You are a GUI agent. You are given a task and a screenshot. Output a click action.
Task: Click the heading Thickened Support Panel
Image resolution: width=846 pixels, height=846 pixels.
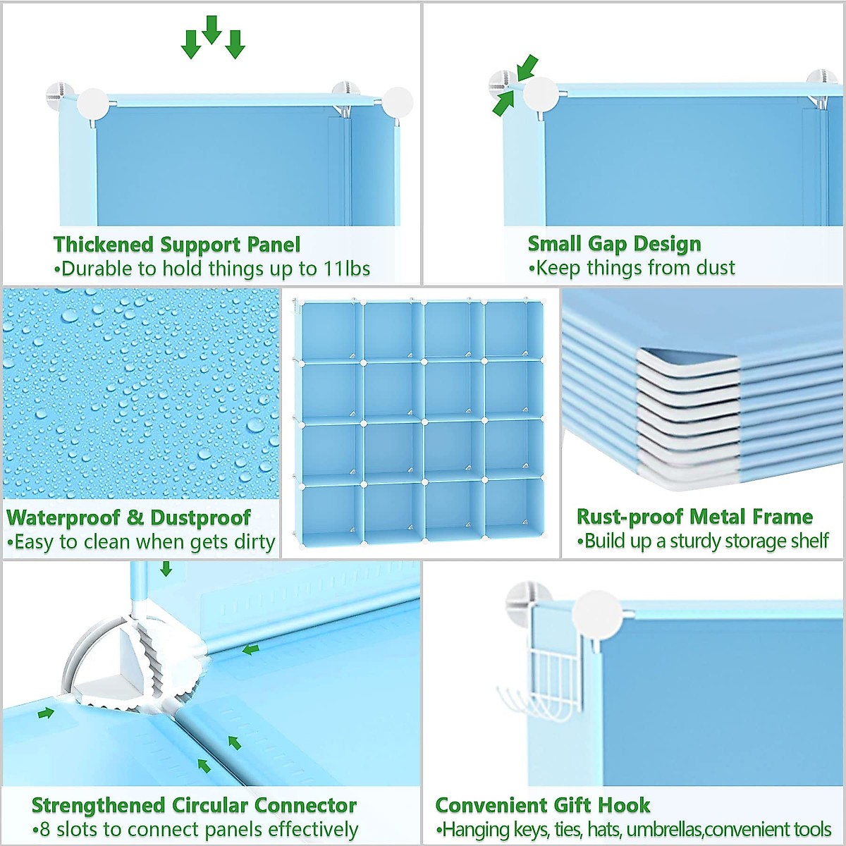[176, 245]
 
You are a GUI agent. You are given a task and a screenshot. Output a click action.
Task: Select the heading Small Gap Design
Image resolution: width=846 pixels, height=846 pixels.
[614, 244]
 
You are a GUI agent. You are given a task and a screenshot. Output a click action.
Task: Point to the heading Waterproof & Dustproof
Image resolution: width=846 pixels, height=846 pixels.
[128, 517]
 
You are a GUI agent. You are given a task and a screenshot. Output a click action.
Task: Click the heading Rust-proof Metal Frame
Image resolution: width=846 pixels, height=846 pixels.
[694, 517]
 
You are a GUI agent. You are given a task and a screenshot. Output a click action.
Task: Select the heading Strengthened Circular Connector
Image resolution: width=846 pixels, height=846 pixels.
[194, 805]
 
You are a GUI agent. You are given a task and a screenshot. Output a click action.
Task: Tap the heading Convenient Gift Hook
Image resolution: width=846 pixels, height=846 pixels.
[542, 805]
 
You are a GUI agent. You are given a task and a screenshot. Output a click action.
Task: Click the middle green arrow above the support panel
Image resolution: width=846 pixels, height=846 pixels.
[211, 30]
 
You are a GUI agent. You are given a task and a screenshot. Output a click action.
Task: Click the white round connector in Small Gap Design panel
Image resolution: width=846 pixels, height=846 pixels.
[540, 94]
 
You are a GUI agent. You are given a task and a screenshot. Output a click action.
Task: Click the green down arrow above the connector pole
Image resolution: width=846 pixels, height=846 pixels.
[166, 568]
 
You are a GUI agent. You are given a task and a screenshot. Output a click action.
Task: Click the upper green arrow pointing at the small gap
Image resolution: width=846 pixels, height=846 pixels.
[527, 68]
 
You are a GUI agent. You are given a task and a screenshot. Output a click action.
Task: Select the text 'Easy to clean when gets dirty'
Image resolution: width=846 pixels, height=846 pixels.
[141, 542]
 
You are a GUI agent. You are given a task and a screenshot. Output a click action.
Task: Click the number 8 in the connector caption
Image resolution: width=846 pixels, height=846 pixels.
[45, 829]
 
